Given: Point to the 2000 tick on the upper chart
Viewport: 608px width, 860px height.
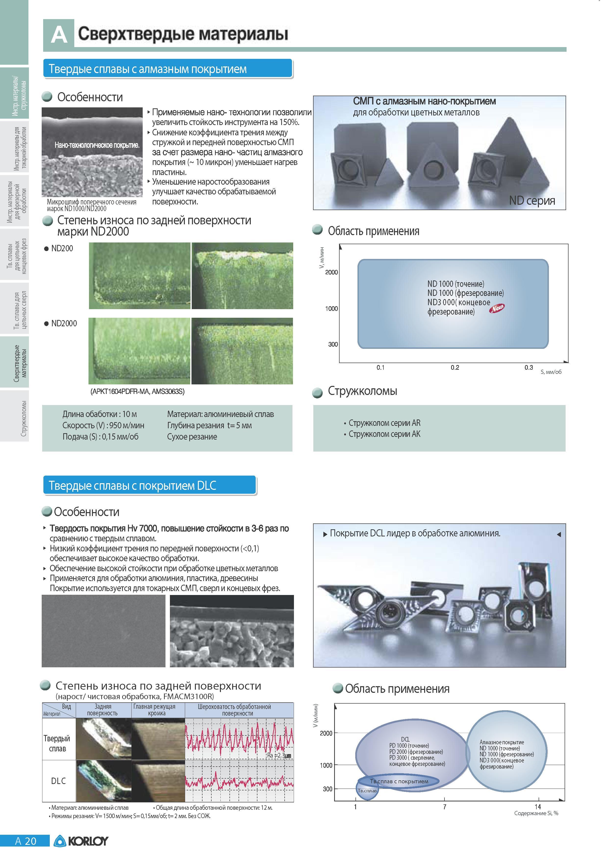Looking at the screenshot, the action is pos(331,272).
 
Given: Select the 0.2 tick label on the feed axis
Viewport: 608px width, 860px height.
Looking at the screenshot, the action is pos(455,367).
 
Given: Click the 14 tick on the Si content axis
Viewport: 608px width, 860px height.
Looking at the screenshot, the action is pos(538,807).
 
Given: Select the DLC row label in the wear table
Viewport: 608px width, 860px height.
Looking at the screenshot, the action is pos(58,781).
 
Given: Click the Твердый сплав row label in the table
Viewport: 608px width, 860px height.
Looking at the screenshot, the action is pos(57,744).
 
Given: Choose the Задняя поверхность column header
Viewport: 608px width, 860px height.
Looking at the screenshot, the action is pos(102,710).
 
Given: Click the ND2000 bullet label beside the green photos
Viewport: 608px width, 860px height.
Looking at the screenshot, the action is pos(64,323).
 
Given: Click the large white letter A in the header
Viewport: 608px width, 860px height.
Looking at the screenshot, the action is pos(59,35).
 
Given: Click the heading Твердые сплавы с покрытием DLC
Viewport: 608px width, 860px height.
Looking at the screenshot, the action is pos(133,486).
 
